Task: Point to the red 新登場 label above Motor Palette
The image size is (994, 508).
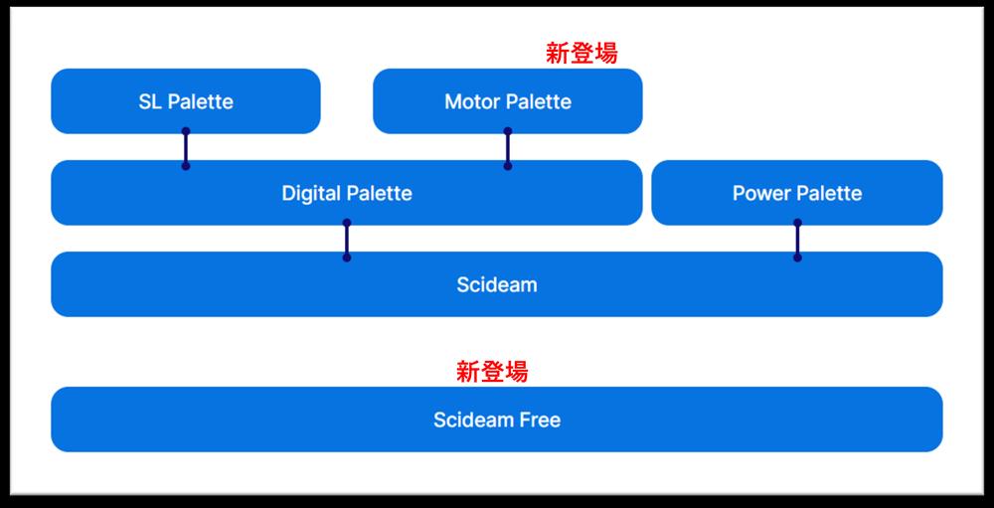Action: pyautogui.click(x=581, y=54)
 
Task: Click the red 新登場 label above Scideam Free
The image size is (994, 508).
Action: pyautogui.click(x=492, y=372)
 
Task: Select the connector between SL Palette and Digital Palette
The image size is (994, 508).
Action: pyautogui.click(x=186, y=148)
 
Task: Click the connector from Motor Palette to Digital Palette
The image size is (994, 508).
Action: pyautogui.click(x=508, y=148)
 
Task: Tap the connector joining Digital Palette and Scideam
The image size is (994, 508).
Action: pyautogui.click(x=347, y=240)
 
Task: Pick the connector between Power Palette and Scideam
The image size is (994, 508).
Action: pyautogui.click(x=797, y=240)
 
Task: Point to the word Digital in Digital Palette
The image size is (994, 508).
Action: pyautogui.click(x=310, y=193)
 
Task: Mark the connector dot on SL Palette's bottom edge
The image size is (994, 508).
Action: pyautogui.click(x=186, y=131)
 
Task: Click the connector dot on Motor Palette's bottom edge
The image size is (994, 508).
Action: pyautogui.click(x=508, y=131)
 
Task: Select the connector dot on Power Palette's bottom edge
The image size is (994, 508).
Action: pyautogui.click(x=797, y=223)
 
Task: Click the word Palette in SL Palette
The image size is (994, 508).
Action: pyautogui.click(x=201, y=101)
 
